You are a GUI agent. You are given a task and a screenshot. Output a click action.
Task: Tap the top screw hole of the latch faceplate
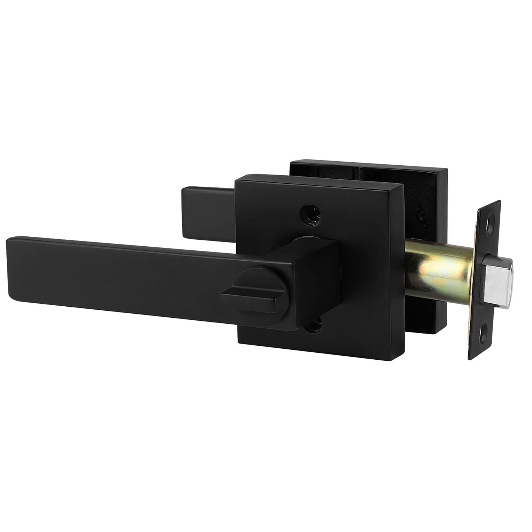[x=490, y=221]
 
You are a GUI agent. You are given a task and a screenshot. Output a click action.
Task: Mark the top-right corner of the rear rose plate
[x=446, y=169]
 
